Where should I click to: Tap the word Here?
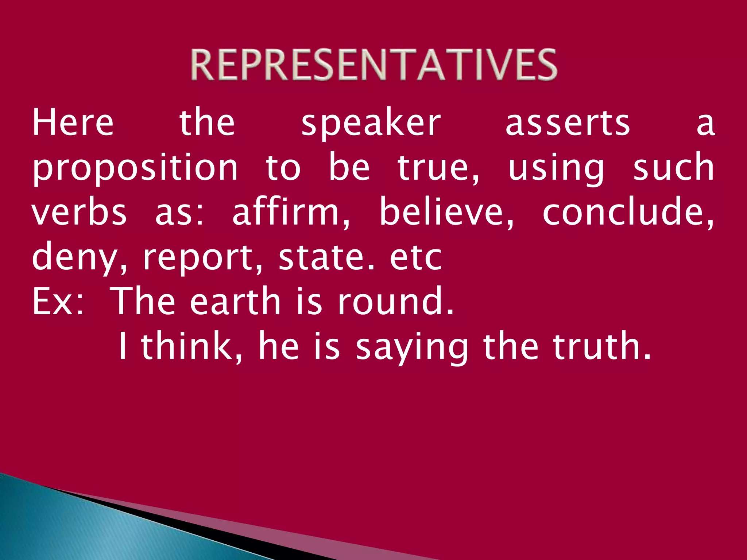(73, 122)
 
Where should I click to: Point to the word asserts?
(568, 123)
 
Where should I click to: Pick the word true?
(438, 168)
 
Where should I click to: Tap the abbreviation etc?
(416, 257)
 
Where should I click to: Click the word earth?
(235, 301)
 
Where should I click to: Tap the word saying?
(412, 346)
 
